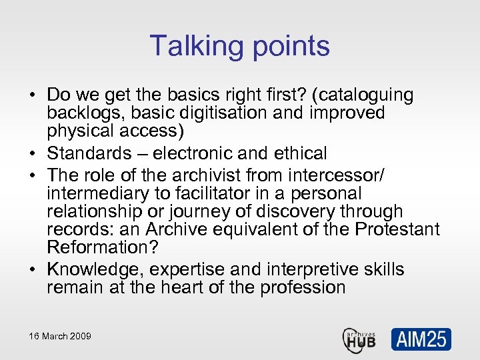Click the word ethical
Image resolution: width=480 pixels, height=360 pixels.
pos(299,153)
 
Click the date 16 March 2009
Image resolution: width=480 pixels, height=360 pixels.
pos(60,336)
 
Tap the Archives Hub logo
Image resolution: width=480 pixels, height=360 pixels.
pos(359,338)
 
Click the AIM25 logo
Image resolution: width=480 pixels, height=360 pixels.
pos(421,339)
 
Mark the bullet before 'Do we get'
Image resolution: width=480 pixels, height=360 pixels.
pos(32,96)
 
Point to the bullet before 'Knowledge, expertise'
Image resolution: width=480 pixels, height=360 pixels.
pos(32,270)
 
